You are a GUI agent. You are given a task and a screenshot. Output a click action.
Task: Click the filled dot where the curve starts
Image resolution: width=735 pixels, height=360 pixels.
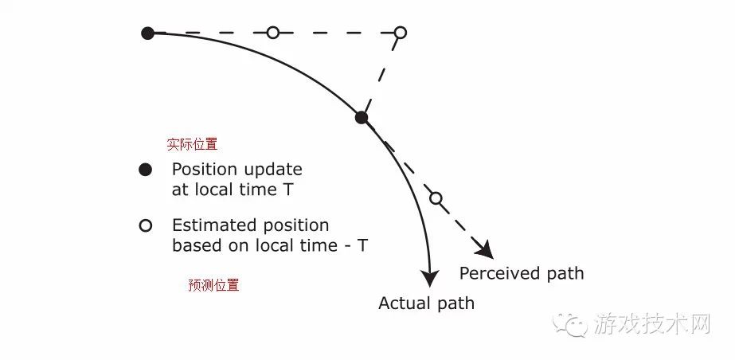pyautogui.click(x=147, y=33)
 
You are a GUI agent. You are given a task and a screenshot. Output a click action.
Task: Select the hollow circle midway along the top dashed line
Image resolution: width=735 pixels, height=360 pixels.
pyautogui.click(x=273, y=33)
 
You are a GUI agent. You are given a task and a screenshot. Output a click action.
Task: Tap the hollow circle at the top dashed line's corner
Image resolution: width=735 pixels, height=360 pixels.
pyautogui.click(x=401, y=33)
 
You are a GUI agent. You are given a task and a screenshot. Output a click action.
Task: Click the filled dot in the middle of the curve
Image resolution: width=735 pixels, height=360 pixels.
pyautogui.click(x=361, y=117)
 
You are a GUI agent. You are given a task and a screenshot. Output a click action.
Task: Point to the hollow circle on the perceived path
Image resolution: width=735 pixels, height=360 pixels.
pyautogui.click(x=436, y=198)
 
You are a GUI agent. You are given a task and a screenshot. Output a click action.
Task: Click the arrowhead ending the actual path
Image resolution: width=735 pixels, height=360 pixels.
pyautogui.click(x=430, y=279)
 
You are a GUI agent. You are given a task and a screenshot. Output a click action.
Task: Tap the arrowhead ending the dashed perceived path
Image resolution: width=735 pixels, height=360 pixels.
pyautogui.click(x=485, y=249)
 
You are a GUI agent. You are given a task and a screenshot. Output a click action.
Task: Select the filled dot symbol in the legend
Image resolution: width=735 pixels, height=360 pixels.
pyautogui.click(x=145, y=170)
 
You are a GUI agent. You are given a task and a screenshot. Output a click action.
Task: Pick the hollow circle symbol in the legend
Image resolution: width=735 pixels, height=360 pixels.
pyautogui.click(x=146, y=226)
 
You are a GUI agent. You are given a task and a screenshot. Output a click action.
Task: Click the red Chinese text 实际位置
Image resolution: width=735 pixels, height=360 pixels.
pyautogui.click(x=192, y=144)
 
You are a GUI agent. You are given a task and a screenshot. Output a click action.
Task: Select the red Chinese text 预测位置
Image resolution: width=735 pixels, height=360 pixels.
pyautogui.click(x=213, y=285)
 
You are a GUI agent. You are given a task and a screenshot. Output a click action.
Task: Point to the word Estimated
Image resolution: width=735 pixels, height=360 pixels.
pyautogui.click(x=215, y=225)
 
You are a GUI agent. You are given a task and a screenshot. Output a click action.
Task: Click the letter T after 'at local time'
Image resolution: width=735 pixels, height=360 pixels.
pyautogui.click(x=289, y=190)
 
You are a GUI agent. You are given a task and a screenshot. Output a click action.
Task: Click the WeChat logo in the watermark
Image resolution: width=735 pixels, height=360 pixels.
pyautogui.click(x=569, y=325)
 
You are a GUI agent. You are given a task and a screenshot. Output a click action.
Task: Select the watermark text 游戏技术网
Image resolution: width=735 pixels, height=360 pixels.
pyautogui.click(x=652, y=324)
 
